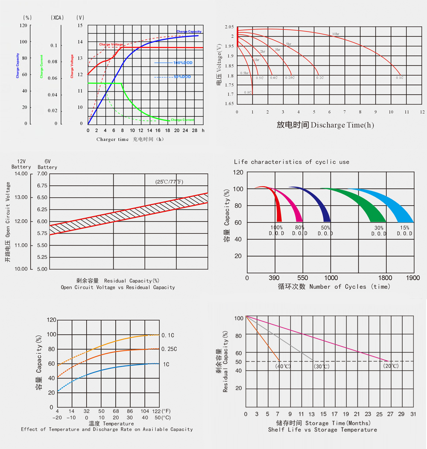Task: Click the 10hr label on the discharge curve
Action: click(x=336, y=34)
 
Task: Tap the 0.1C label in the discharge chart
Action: click(x=400, y=78)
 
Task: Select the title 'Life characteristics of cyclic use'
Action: click(x=291, y=162)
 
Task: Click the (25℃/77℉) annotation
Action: click(x=169, y=182)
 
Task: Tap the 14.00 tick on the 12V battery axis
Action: click(x=20, y=174)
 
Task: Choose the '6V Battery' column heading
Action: click(x=47, y=164)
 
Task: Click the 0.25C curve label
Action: click(x=169, y=349)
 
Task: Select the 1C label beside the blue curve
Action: click(x=166, y=364)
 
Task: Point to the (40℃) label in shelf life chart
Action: click(x=283, y=366)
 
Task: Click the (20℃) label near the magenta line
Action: click(x=390, y=366)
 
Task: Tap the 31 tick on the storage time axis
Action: click(x=413, y=414)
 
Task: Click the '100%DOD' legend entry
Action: click(x=182, y=63)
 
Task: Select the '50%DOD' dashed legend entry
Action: click(x=182, y=77)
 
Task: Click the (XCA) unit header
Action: click(x=57, y=18)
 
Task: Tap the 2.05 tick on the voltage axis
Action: click(x=229, y=27)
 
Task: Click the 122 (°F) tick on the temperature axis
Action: click(x=156, y=411)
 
